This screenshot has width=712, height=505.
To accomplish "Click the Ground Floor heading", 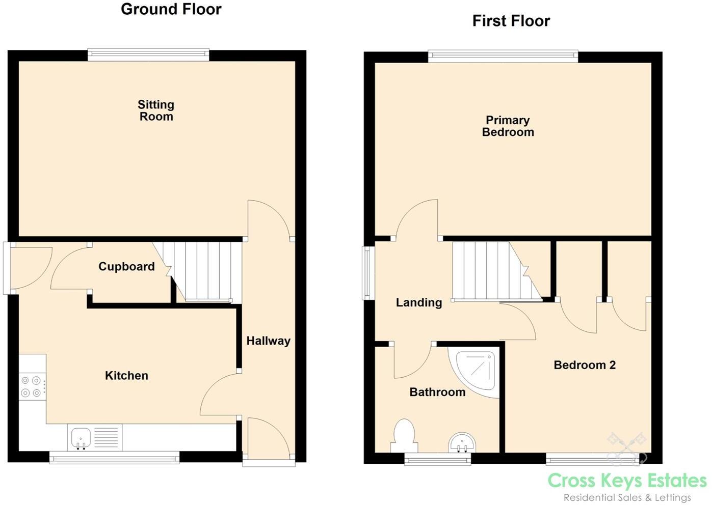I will [171, 9].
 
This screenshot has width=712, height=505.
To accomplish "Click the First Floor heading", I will [511, 21].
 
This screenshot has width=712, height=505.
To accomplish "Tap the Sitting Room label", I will [156, 110].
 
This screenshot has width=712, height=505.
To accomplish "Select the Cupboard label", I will [126, 266].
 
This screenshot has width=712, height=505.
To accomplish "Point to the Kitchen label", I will [126, 376].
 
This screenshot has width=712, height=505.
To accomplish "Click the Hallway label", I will [268, 341].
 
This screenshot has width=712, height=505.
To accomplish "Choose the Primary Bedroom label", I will [508, 126].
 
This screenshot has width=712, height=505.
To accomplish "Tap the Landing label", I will [418, 302].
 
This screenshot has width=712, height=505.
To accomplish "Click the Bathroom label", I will [437, 392].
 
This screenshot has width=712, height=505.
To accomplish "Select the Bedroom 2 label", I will [584, 365].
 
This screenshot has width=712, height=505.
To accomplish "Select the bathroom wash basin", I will [462, 442].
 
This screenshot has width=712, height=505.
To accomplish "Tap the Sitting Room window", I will [148, 54].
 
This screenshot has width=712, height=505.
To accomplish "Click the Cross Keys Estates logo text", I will [627, 480].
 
